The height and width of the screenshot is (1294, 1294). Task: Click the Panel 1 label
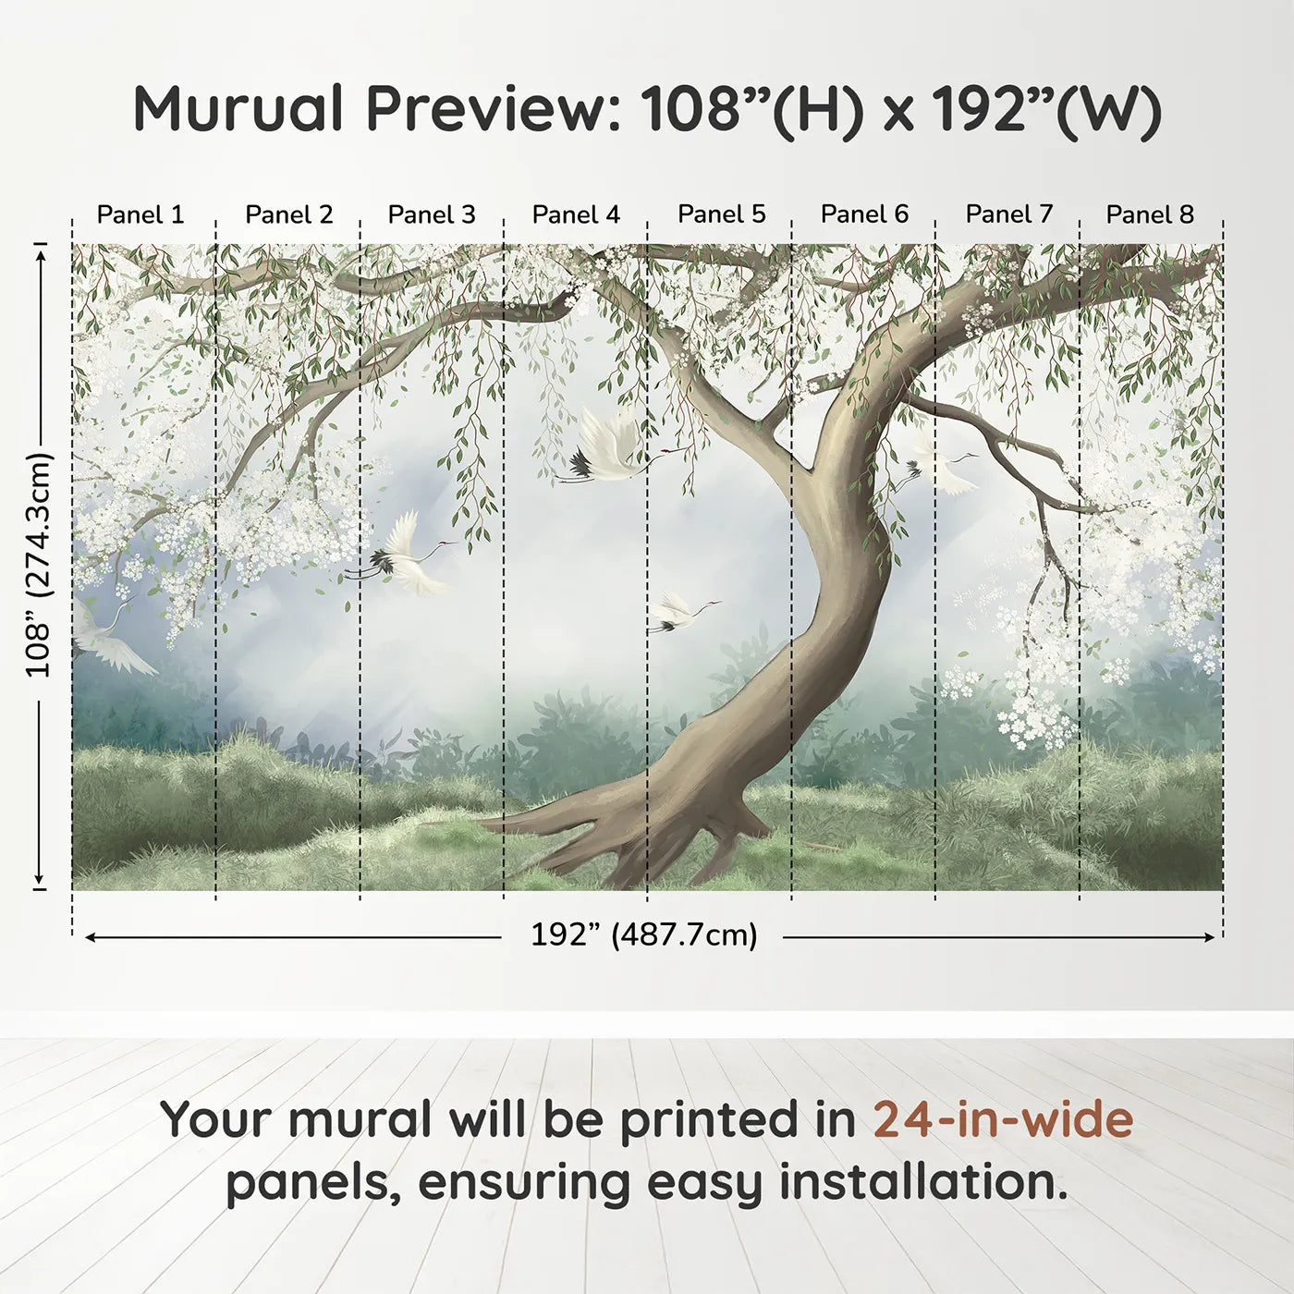pyautogui.click(x=140, y=214)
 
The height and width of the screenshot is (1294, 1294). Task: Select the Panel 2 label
pyautogui.click(x=288, y=214)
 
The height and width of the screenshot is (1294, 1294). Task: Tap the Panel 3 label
pyautogui.click(x=432, y=214)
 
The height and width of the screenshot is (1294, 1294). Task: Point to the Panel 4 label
pyautogui.click(x=576, y=214)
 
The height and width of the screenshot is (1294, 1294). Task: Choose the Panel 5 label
pyautogui.click(x=721, y=214)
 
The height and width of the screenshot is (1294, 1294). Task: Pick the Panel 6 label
pyautogui.click(x=864, y=214)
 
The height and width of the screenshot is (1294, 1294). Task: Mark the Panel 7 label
pyautogui.click(x=1008, y=214)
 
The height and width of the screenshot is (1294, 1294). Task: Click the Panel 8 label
pyautogui.click(x=1150, y=214)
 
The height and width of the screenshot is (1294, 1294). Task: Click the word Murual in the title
pyautogui.click(x=239, y=108)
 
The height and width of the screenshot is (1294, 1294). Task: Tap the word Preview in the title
pyautogui.click(x=484, y=108)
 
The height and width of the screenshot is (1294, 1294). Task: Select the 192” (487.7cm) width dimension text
pyautogui.click(x=643, y=935)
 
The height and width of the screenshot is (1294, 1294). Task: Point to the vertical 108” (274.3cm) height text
pyautogui.click(x=39, y=565)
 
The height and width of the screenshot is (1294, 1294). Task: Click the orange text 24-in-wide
pyautogui.click(x=1003, y=1119)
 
